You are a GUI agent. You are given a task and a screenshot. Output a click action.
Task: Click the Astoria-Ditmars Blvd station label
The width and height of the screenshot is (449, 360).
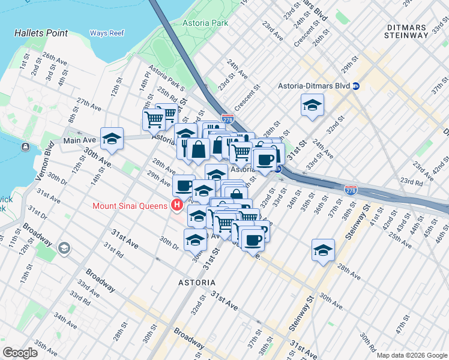point(313,86)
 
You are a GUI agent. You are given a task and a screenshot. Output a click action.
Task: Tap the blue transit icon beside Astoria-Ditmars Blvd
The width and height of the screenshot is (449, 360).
point(356,86)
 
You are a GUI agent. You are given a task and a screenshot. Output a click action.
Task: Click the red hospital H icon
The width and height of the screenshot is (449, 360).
point(176,206)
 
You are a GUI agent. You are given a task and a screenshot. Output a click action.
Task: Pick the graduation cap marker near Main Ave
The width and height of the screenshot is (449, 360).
point(112,139)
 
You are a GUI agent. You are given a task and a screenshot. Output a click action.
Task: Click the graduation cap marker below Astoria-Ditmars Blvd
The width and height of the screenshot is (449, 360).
point(312,105)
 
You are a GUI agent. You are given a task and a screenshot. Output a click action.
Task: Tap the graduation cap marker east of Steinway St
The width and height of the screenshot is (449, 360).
point(323,250)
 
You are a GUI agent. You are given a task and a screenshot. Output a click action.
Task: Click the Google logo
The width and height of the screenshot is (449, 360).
point(20,353)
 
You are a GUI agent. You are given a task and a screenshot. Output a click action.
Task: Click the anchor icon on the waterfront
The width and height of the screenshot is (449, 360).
point(25,146)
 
